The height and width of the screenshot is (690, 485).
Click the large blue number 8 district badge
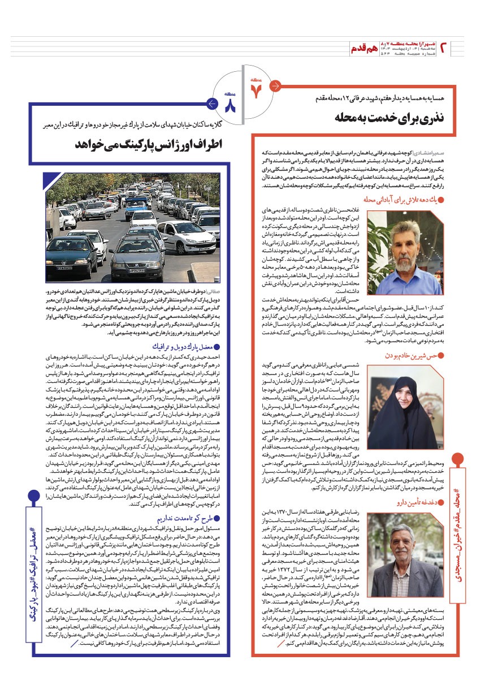[229, 105]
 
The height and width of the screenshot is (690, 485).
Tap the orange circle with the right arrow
[275, 86]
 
